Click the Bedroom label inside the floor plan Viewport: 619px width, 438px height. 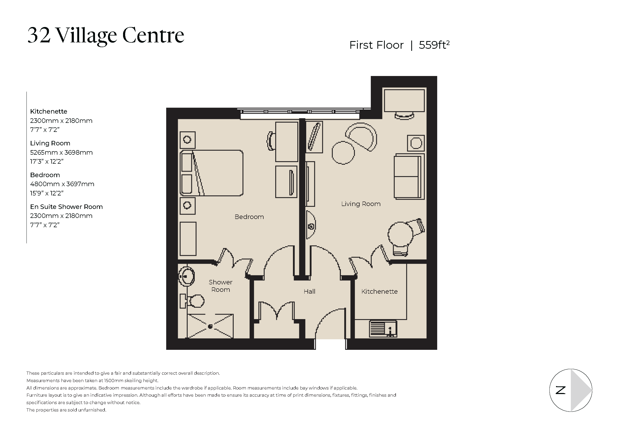tap(249, 217)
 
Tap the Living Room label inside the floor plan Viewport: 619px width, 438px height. tap(361, 204)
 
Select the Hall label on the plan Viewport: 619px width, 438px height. tap(309, 292)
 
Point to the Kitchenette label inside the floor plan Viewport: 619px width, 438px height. tap(379, 292)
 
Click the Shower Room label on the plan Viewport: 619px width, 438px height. tap(220, 286)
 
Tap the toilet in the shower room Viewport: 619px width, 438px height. tap(195, 301)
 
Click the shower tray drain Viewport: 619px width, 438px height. tap(210, 326)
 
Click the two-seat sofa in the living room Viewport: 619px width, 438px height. tap(408, 177)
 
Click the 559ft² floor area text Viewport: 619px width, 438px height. tap(434, 45)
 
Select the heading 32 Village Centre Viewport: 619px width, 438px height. tap(106, 35)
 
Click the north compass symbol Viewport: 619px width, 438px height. tap(571, 390)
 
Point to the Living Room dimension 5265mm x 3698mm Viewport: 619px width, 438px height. tap(61, 152)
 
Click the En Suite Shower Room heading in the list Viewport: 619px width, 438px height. tap(66, 207)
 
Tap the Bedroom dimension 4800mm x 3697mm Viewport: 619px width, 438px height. tap(62, 184)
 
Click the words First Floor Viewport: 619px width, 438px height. tap(376, 45)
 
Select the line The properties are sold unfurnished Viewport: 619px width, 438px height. tap(66, 410)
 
